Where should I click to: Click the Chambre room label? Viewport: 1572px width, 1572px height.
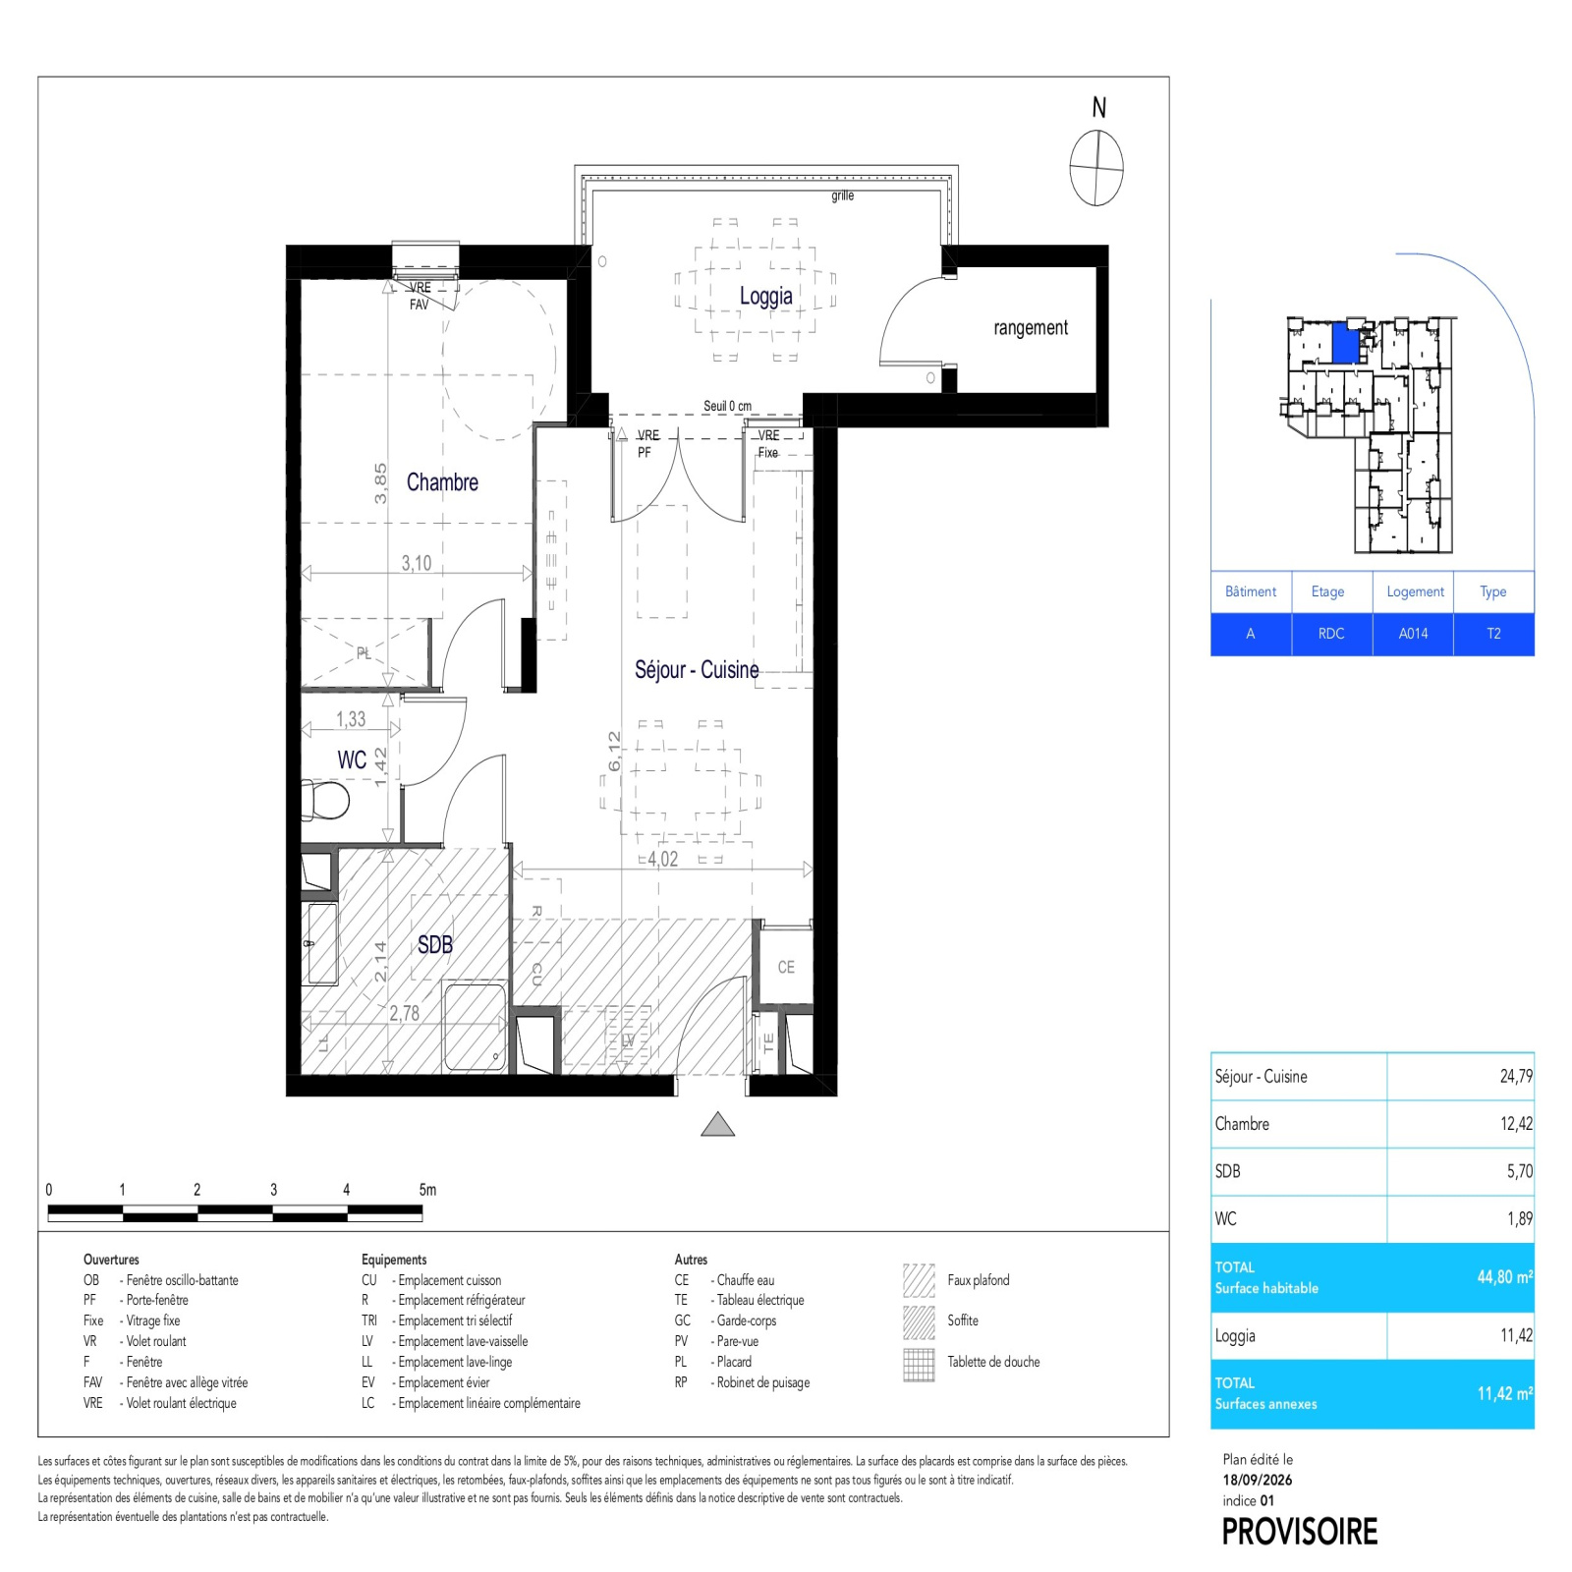[x=442, y=482]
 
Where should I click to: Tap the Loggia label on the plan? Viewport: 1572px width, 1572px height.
[x=765, y=296]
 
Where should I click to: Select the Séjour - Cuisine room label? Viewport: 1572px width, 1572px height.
[x=697, y=670]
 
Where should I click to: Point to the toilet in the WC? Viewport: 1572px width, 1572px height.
[x=325, y=800]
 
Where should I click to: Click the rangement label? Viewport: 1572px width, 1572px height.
[x=1030, y=327]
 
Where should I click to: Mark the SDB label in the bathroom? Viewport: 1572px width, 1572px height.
[x=435, y=944]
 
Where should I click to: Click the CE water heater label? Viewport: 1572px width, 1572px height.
[x=786, y=967]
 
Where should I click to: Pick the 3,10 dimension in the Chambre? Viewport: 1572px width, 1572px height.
[x=416, y=563]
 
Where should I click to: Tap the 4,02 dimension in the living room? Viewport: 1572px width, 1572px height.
[x=662, y=859]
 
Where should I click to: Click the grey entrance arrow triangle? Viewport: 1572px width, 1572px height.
[x=718, y=1125]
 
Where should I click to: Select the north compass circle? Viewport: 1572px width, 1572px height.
[x=1096, y=168]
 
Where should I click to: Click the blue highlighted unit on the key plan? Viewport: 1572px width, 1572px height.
[x=1345, y=345]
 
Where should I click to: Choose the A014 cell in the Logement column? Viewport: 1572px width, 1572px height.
[x=1413, y=634]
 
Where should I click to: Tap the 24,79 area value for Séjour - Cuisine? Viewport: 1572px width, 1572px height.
[x=1516, y=1076]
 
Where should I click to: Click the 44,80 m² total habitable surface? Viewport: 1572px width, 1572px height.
[x=1504, y=1277]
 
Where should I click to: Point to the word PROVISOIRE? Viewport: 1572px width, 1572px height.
[x=1300, y=1532]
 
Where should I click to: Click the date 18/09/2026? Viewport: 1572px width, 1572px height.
[x=1258, y=1480]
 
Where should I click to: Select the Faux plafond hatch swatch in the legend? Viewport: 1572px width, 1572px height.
[x=919, y=1280]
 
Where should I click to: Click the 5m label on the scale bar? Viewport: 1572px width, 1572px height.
[x=427, y=1190]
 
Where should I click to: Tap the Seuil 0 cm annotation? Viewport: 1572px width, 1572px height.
[x=727, y=406]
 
